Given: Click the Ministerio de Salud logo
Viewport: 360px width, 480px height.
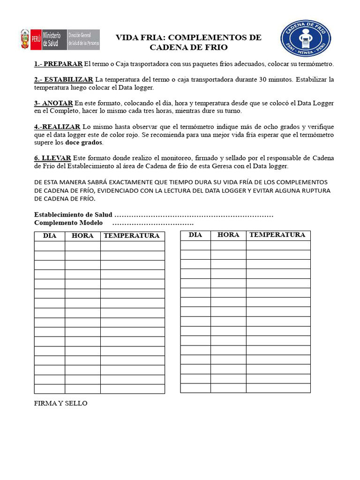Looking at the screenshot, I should pyautogui.click(x=60, y=39).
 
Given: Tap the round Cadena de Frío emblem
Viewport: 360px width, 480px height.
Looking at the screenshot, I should pyautogui.click(x=306, y=39).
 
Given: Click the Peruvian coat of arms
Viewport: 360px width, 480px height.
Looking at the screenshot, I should pyautogui.click(x=25, y=39).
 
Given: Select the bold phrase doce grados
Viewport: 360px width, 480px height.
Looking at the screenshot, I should pyautogui.click(x=84, y=142).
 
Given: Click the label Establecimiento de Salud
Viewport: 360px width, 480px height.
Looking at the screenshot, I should pyautogui.click(x=73, y=215).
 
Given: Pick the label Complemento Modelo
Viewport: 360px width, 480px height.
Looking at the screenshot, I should pyautogui.click(x=68, y=223).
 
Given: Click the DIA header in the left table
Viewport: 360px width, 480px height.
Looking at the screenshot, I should pyautogui.click(x=50, y=236).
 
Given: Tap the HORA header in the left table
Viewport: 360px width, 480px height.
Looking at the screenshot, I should pyautogui.click(x=82, y=236).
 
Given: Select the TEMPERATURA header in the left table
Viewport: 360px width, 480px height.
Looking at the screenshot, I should pyautogui.click(x=132, y=236).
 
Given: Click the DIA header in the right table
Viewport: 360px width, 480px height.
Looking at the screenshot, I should pyautogui.click(x=195, y=235).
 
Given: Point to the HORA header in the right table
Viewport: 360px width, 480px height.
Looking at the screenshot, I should pyautogui.click(x=228, y=235).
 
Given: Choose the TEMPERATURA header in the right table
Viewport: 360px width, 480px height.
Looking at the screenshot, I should pyautogui.click(x=277, y=235).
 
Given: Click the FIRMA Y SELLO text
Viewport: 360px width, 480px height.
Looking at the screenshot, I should pyautogui.click(x=61, y=403).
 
